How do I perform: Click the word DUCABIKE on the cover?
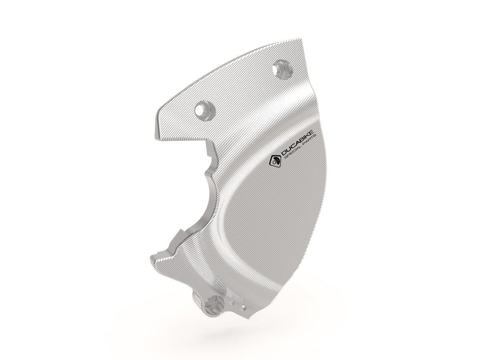[295, 146]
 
